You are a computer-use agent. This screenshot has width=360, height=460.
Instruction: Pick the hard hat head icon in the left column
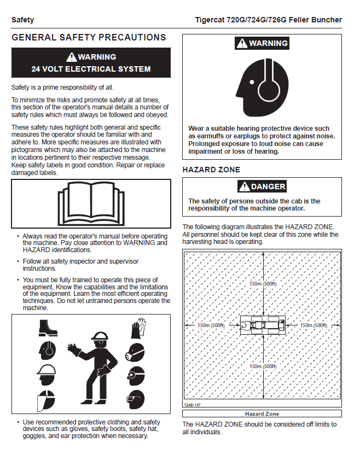point(47,375)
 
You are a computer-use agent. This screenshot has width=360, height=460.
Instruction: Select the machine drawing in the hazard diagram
point(263,325)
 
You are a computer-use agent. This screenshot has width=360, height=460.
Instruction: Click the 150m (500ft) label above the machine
point(263,284)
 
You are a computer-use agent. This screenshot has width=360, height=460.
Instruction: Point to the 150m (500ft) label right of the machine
point(313,325)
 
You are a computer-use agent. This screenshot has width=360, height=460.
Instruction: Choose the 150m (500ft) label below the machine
point(263,366)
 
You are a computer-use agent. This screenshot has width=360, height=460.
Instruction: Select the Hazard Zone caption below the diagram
point(262,414)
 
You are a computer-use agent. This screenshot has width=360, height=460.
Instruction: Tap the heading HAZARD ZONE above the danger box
point(211,170)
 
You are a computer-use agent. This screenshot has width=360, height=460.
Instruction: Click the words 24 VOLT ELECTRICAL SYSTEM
point(91,69)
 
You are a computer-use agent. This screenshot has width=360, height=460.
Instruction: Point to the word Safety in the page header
point(22,20)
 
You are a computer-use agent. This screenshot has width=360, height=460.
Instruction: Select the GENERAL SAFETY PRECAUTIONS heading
point(89,38)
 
